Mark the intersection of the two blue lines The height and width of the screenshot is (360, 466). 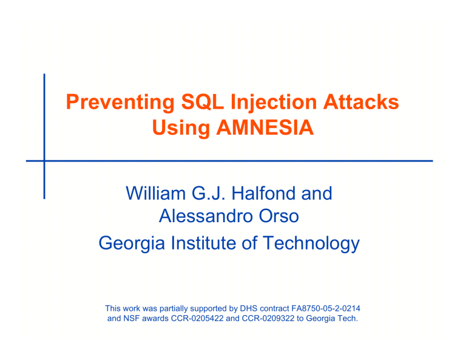(44, 160)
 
